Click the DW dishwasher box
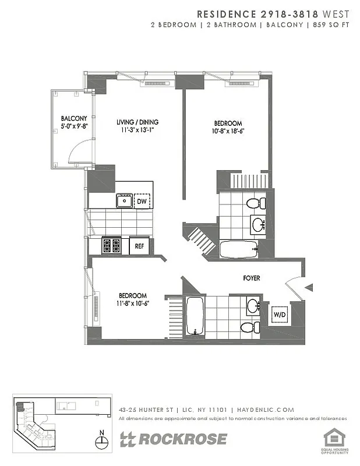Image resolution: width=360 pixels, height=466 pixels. pos(142,202)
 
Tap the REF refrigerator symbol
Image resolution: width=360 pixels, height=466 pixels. pos(139,246)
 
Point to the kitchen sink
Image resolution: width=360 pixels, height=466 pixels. pos(123,202)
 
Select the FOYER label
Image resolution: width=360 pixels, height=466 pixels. pos(252,278)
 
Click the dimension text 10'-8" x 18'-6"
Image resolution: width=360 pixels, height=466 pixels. pos(228,131)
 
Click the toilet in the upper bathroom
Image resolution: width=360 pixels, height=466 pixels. pos(254,203)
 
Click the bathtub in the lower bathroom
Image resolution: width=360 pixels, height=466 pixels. pos(194,316)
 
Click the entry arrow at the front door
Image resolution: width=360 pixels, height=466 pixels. pos(310,287)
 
